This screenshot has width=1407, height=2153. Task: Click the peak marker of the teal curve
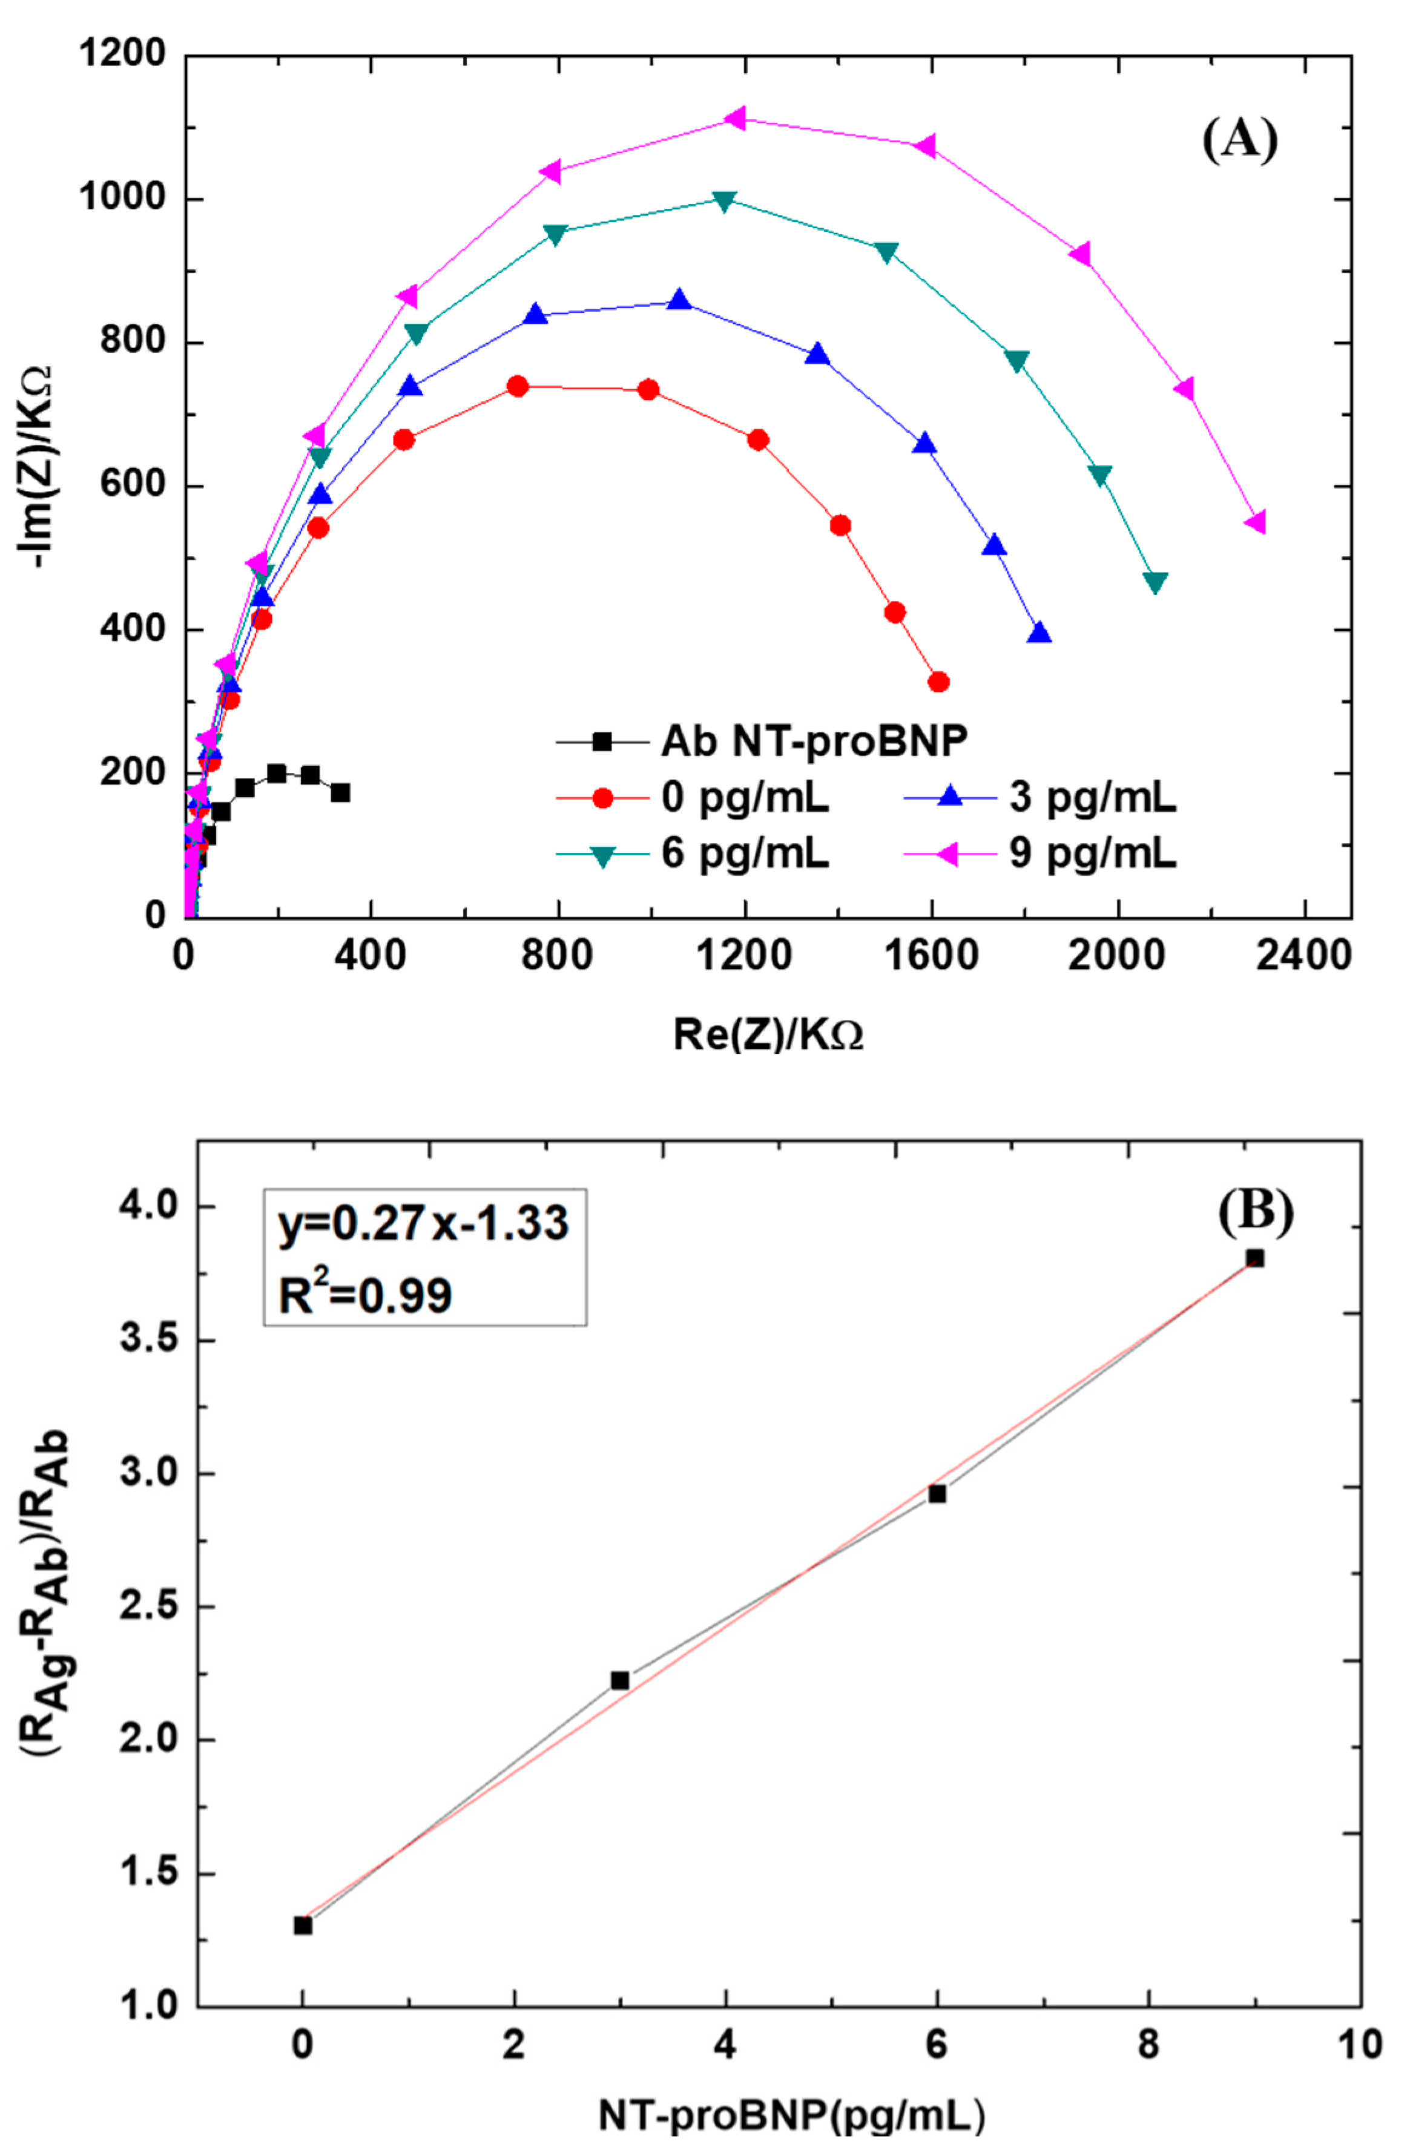click(x=724, y=200)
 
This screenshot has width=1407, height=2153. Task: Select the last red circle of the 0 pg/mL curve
click(x=938, y=682)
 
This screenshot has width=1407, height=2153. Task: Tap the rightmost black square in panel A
click(x=340, y=792)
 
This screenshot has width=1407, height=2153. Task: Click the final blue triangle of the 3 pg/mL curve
click(x=1040, y=633)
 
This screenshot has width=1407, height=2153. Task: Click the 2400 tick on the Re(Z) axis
click(x=1303, y=956)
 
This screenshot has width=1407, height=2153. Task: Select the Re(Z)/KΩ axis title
click(x=767, y=1034)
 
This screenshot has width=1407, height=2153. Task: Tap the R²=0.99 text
click(x=364, y=1295)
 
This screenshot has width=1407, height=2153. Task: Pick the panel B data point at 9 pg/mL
click(x=1254, y=1258)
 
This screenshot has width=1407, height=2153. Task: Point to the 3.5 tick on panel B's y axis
click(x=150, y=1339)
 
